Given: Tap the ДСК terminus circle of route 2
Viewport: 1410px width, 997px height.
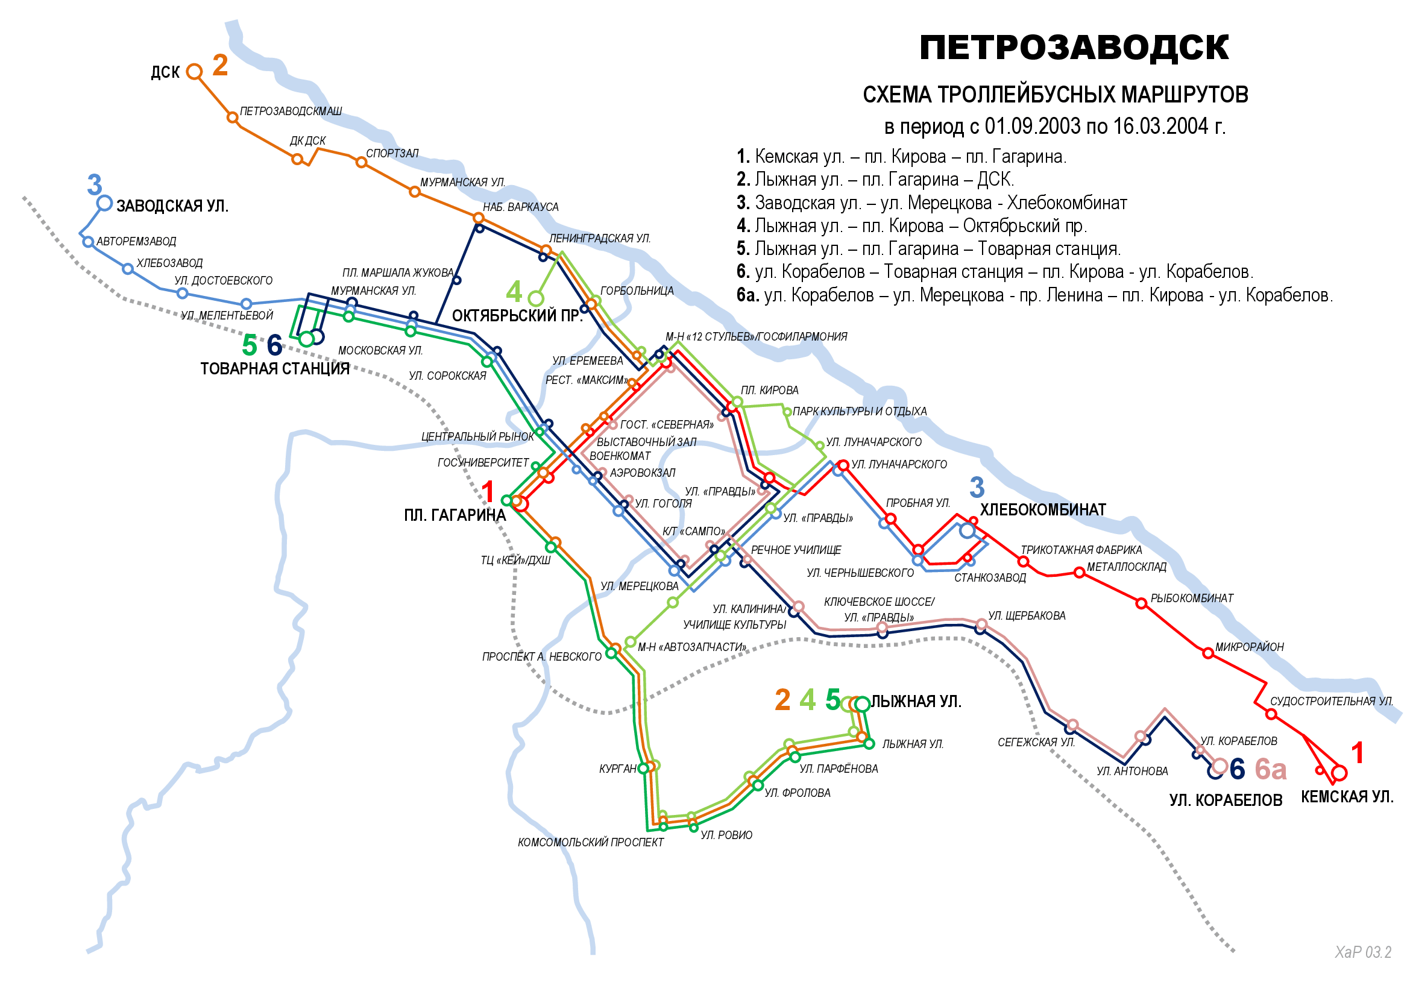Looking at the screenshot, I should coord(194,72).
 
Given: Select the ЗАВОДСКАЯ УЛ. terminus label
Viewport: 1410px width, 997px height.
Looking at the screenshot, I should coord(172,206).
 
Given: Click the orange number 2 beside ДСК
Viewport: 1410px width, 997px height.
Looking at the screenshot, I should coord(220,65).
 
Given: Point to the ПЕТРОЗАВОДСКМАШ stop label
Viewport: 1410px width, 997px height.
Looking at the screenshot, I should coord(291,111).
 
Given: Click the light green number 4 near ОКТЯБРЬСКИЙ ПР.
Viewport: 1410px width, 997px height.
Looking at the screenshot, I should coord(514,292).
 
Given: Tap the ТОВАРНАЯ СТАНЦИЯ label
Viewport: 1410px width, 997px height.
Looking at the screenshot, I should coord(274,368).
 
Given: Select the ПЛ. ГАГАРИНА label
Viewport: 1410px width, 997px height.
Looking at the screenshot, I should coord(455,515).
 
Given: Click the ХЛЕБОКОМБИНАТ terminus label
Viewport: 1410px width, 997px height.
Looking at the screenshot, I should coord(1042,509).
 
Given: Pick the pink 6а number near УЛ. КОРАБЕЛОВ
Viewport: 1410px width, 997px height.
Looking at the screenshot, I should coord(1270,769).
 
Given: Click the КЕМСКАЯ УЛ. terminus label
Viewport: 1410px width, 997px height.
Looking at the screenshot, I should coord(1347,797).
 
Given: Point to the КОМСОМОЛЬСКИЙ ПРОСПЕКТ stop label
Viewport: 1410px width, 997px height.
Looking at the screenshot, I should coord(590,842).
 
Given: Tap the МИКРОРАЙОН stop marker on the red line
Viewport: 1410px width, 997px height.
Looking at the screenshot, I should coord(1207,653).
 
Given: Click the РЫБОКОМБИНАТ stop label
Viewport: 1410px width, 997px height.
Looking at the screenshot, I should coord(1191,598).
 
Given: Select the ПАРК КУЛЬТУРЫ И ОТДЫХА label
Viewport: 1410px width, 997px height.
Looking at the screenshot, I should coord(859,411).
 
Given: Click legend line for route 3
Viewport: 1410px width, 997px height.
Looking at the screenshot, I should coord(931,203).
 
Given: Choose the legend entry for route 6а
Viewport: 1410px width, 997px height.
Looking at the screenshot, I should coord(1034,295).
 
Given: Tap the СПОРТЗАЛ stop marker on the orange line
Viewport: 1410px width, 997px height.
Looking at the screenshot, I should coord(361,162).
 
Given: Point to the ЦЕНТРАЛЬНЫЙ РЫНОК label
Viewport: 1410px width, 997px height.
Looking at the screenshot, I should coord(477,436).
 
